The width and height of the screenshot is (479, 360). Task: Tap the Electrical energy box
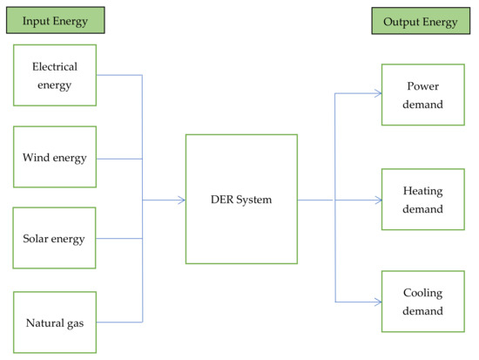point(54,75)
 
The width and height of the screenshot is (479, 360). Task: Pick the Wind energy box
point(54,158)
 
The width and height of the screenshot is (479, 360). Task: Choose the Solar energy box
point(54,239)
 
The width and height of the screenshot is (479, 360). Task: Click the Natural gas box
point(54,322)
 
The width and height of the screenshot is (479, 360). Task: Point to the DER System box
point(241,200)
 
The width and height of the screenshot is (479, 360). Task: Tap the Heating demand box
point(423,200)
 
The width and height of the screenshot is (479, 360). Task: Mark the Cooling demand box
point(423,302)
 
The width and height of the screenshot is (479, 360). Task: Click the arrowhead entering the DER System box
point(182,200)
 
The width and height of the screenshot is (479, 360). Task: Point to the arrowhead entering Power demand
point(378,94)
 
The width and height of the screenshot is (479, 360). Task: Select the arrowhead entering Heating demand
point(378,200)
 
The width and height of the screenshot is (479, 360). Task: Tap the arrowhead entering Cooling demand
point(378,302)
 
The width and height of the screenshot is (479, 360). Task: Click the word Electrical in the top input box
point(54,66)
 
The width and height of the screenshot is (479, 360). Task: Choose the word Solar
point(37,239)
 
